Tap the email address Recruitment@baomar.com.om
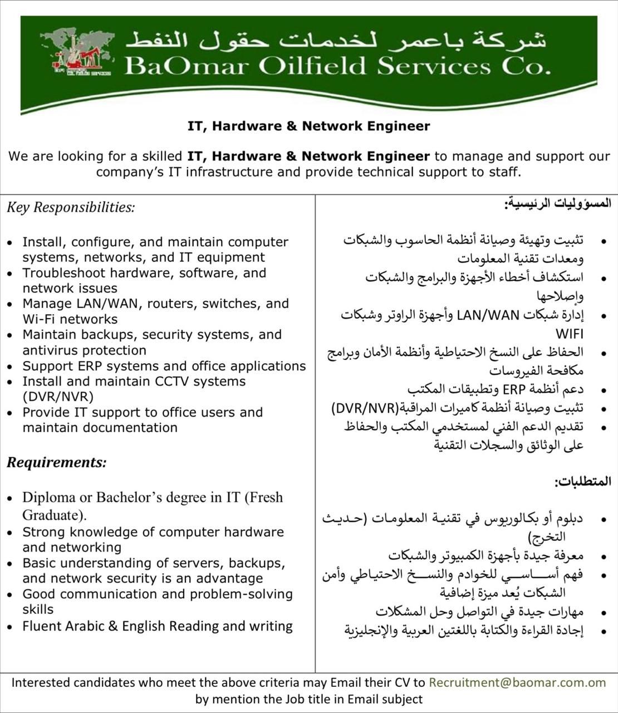(517, 682)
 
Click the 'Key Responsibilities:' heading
(71, 208)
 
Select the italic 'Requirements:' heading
(56, 462)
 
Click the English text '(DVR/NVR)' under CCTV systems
(58, 397)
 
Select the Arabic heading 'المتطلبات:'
(582, 481)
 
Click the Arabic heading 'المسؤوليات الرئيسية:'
(557, 203)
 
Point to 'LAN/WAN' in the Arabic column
(488, 315)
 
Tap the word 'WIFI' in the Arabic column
(569, 334)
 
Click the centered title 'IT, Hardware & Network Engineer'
(309, 126)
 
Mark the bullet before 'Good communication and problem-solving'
(10, 595)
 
